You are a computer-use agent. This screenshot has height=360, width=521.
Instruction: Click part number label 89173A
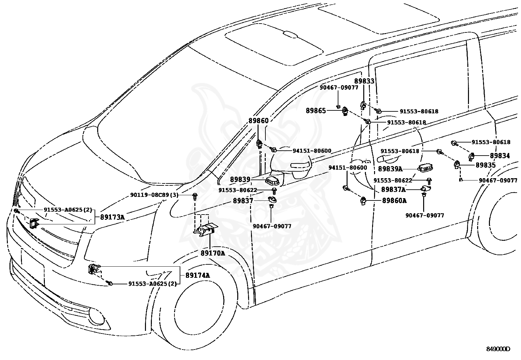(112, 217)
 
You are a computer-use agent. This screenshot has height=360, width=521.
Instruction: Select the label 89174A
(197, 275)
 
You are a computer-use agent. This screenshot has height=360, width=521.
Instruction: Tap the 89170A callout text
(213, 253)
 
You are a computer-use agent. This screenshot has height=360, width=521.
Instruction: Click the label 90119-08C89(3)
(154, 195)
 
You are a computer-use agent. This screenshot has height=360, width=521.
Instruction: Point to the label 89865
(316, 111)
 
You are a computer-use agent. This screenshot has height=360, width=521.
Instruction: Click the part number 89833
(364, 81)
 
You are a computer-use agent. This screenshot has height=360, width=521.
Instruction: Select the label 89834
(500, 156)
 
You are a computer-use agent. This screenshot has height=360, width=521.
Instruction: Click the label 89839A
(390, 169)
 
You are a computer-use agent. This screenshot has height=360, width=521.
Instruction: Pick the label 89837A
(393, 189)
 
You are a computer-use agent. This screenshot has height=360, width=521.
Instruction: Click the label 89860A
(394, 200)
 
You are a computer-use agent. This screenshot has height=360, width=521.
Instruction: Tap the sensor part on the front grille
(34, 223)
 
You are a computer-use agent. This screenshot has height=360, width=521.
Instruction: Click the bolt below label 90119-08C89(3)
(195, 197)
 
